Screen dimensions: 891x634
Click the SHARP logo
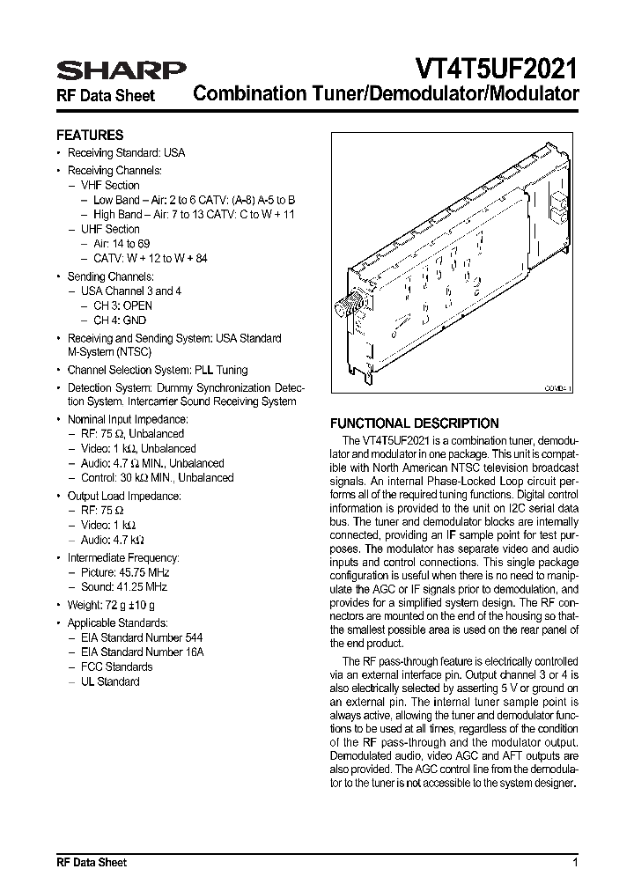(x=121, y=70)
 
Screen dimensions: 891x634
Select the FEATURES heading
(x=90, y=136)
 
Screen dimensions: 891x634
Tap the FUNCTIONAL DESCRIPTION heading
(x=414, y=423)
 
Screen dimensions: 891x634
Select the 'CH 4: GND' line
(x=120, y=320)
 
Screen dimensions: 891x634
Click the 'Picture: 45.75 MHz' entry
(x=129, y=572)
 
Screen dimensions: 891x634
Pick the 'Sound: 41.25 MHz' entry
(x=128, y=586)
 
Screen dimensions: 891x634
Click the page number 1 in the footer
(x=575, y=862)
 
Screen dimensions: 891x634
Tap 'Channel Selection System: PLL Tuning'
(x=158, y=370)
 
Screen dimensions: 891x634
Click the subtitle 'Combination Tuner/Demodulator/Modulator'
(x=386, y=93)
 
